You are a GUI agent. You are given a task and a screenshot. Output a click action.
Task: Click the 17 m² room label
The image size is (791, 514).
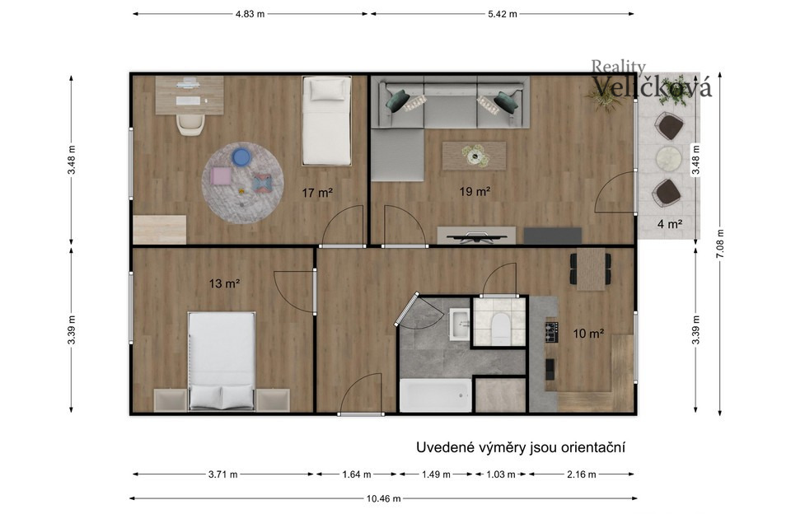316,193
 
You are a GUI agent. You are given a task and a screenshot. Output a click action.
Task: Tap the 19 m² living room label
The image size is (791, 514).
475,192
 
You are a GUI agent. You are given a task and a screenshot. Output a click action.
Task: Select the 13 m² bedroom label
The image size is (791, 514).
224,283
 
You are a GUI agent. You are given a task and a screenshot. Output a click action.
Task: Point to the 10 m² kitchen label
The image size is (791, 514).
588,334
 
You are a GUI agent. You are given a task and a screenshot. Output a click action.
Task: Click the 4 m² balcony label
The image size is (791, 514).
669,223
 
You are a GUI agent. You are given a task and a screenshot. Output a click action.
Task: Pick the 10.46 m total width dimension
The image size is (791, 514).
383,499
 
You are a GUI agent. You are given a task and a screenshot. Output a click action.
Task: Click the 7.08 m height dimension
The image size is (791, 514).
720,244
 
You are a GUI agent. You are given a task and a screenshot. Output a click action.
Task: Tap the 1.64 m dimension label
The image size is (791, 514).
356,474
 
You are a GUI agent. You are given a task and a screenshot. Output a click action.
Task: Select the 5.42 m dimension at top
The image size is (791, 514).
502,14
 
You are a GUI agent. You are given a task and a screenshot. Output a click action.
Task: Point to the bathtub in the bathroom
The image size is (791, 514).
436,396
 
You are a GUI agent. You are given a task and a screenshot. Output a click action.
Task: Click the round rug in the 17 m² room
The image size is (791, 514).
242,183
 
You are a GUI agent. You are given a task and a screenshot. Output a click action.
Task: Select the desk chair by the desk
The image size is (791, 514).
190,124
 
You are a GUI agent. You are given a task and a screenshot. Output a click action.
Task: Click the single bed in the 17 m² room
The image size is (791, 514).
326,120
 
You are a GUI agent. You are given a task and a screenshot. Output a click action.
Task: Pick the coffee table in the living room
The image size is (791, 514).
475,156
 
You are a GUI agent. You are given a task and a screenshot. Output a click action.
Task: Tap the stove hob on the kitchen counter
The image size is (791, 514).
551,331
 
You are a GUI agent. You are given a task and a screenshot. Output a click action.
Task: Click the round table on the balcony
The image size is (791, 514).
668,159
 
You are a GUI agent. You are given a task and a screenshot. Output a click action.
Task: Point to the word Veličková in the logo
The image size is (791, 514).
651,86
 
